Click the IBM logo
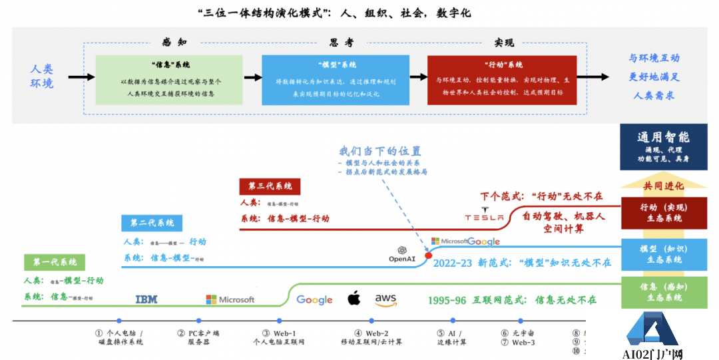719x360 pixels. [146, 299]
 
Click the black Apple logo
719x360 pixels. [354, 298]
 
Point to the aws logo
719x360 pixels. [386, 299]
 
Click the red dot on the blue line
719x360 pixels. [428, 255]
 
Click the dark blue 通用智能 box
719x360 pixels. [663, 147]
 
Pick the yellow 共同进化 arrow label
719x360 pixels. [663, 184]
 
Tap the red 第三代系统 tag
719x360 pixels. [270, 186]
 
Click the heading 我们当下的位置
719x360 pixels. [380, 151]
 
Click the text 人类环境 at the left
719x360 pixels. [41, 76]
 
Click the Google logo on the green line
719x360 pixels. [314, 299]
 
